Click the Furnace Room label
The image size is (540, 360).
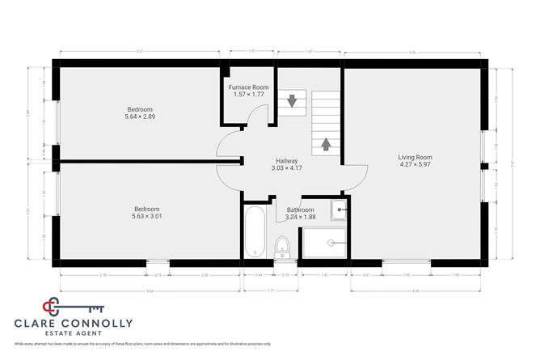pos(247,87)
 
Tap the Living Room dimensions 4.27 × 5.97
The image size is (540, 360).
pos(415,165)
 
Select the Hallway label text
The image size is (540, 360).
pos(287,160)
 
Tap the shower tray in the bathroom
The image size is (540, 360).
pos(323,243)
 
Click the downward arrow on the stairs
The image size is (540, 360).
pos(290,101)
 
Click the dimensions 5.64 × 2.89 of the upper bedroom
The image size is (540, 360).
pos(139,116)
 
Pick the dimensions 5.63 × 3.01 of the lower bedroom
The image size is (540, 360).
pos(147,216)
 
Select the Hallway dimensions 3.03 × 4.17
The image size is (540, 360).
pos(287,167)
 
